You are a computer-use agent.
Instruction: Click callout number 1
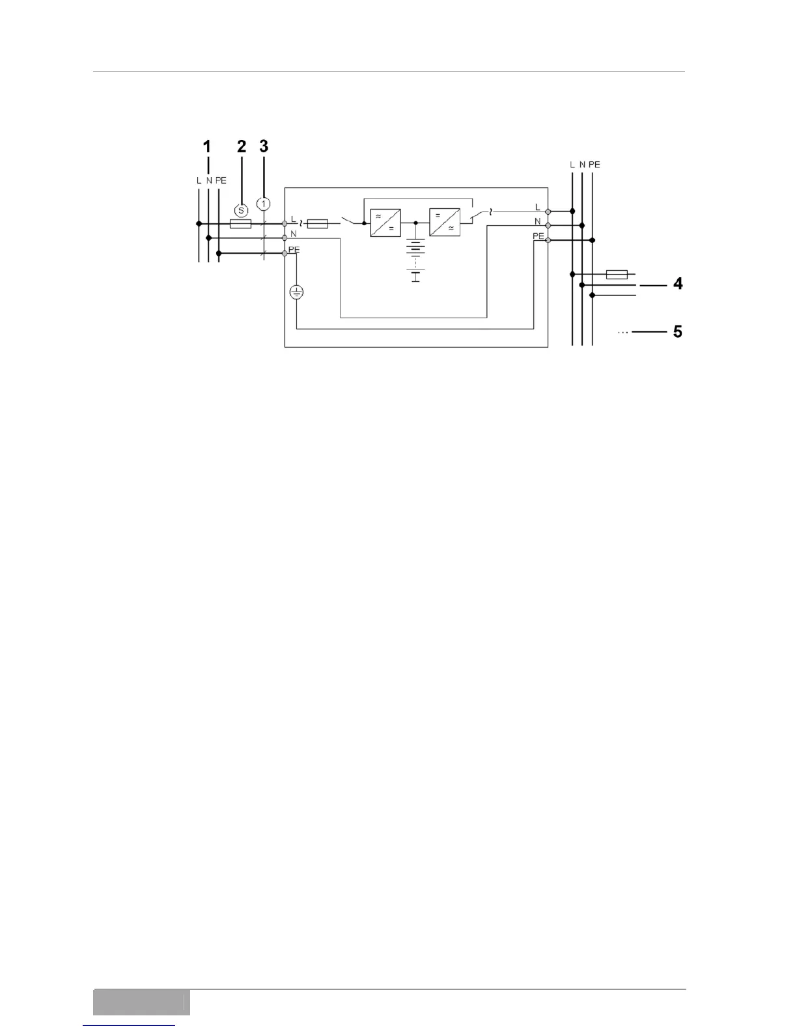207,147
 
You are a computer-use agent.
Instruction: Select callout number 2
242,147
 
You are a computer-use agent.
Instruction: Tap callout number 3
264,147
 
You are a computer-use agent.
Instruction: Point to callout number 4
678,284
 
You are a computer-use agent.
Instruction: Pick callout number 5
678,332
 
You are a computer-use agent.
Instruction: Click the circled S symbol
241,210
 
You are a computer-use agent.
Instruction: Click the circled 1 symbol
263,204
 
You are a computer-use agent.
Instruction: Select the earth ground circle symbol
296,293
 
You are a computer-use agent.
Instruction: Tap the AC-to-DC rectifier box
385,223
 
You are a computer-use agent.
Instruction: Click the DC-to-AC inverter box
445,223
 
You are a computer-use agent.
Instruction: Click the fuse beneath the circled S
241,223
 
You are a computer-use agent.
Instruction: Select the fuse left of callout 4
616,274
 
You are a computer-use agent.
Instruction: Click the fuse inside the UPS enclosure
317,223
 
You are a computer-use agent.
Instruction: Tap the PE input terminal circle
285,253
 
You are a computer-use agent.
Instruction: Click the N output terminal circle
548,225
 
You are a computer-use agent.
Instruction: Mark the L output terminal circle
548,211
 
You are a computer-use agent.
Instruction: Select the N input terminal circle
285,238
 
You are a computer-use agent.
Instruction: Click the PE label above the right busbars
594,165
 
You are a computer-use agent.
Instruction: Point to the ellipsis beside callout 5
622,333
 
